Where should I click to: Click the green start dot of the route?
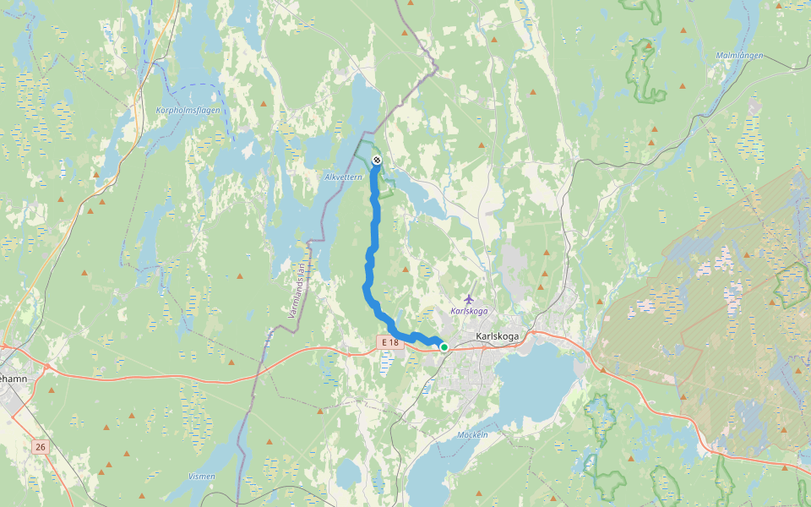pos(444,346)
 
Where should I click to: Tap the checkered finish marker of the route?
pos(376,160)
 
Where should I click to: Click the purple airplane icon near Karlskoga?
pos(470,299)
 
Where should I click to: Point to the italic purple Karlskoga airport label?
pos(470,311)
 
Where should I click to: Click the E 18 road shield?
pos(389,341)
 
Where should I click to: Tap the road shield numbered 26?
pos(40,446)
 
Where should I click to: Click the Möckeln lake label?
pos(472,434)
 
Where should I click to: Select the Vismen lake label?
pos(201,477)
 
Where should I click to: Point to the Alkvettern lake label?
pos(343,177)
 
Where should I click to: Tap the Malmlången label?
pos(739,55)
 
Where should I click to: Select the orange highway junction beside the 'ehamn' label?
pos(7,346)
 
